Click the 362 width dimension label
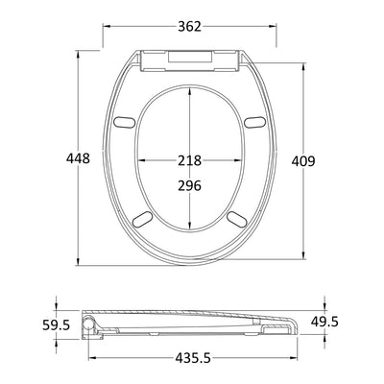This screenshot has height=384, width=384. click(x=189, y=27)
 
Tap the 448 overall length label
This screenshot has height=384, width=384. click(x=78, y=158)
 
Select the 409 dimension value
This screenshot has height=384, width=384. click(x=303, y=161)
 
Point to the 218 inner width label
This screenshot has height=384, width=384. click(x=189, y=160)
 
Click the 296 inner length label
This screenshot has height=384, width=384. click(x=189, y=185)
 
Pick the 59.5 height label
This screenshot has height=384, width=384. click(x=56, y=325)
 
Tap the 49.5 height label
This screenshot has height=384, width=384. click(x=324, y=322)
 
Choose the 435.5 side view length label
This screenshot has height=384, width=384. click(x=193, y=358)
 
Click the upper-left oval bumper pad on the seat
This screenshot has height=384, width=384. click(x=125, y=122)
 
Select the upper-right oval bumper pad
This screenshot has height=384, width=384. click(x=255, y=122)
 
